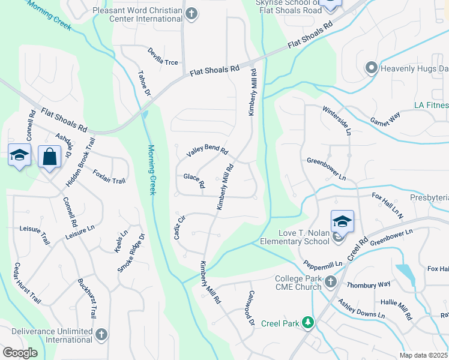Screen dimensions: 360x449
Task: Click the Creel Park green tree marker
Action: click(x=308, y=323)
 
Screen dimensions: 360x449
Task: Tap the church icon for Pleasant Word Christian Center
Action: click(x=191, y=14)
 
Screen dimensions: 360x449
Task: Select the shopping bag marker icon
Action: click(x=49, y=157)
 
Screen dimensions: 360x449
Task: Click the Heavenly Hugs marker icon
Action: click(x=371, y=68)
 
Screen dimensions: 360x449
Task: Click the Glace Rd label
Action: click(x=194, y=179)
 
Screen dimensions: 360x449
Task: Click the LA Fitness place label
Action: click(x=431, y=106)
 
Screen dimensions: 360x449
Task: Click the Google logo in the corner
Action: click(x=20, y=353)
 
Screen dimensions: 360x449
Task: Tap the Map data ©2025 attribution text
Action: click(x=423, y=355)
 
